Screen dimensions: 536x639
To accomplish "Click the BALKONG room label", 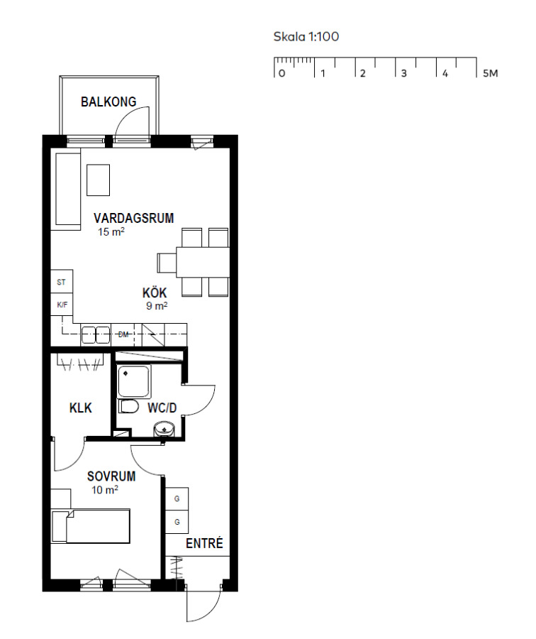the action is [108, 102].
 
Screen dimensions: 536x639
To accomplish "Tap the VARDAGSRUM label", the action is [133, 218].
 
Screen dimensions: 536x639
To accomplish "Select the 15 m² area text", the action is [111, 232].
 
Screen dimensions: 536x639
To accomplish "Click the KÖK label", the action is [155, 293].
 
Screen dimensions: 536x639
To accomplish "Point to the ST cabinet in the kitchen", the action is [62, 282].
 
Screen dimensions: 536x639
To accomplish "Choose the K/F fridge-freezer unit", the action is [62, 305].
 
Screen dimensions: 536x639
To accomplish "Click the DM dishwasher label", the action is [123, 334].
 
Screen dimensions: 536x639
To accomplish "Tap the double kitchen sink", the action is [96, 335].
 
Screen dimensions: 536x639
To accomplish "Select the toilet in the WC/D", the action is [129, 406].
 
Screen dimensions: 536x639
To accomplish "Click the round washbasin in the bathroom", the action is [164, 429].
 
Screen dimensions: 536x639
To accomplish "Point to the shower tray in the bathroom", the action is [134, 381].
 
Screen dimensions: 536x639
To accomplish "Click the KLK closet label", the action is [81, 408].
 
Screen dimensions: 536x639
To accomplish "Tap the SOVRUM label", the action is [111, 476].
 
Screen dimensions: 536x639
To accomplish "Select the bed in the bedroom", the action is [90, 525].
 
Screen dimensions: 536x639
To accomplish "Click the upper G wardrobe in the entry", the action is [177, 499].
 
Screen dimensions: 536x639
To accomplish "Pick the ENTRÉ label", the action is [204, 543].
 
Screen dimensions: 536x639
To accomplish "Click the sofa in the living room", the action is [68, 189].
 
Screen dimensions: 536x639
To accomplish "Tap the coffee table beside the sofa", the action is [98, 180].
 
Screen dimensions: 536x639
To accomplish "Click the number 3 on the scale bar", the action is [403, 73].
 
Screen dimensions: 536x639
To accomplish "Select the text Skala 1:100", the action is [306, 37].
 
